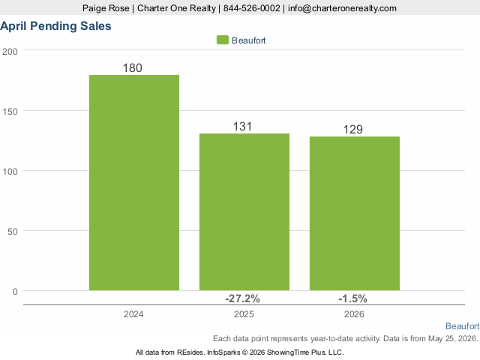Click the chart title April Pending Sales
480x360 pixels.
coord(55,26)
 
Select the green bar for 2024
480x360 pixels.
coord(134,182)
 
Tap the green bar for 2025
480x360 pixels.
coord(244,211)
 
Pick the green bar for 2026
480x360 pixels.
coord(355,213)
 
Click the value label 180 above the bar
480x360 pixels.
coord(133,68)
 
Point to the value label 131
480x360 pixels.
coord(242,127)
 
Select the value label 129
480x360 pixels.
coord(353,129)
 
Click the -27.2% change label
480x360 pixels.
coord(242,298)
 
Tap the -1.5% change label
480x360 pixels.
coord(352,298)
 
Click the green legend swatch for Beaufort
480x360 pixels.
coord(223,40)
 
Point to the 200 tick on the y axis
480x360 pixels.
coord(10,52)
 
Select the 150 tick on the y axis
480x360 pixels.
coord(10,112)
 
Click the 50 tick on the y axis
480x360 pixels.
coord(13,232)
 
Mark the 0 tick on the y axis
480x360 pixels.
coord(15,292)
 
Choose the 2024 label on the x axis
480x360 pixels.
coord(133,314)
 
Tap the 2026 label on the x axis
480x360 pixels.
coord(354,314)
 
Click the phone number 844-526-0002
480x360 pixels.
coord(252,8)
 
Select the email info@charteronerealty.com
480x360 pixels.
coord(342,8)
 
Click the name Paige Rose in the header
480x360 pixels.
coord(106,8)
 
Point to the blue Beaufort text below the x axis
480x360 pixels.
coord(462,326)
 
